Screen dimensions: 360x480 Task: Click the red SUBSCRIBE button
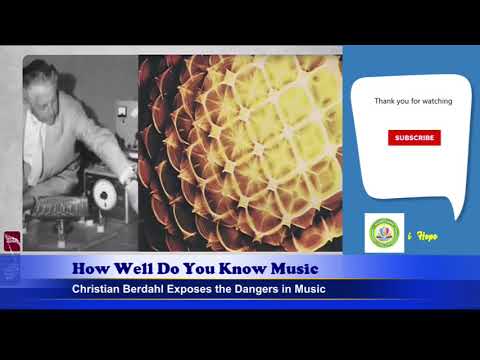(414, 138)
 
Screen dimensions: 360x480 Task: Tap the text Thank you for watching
(413, 102)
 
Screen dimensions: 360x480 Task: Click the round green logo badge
(384, 233)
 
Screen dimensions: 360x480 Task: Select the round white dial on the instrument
(101, 191)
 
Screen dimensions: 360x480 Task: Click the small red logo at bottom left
(12, 241)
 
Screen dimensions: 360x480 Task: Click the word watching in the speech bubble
(436, 102)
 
